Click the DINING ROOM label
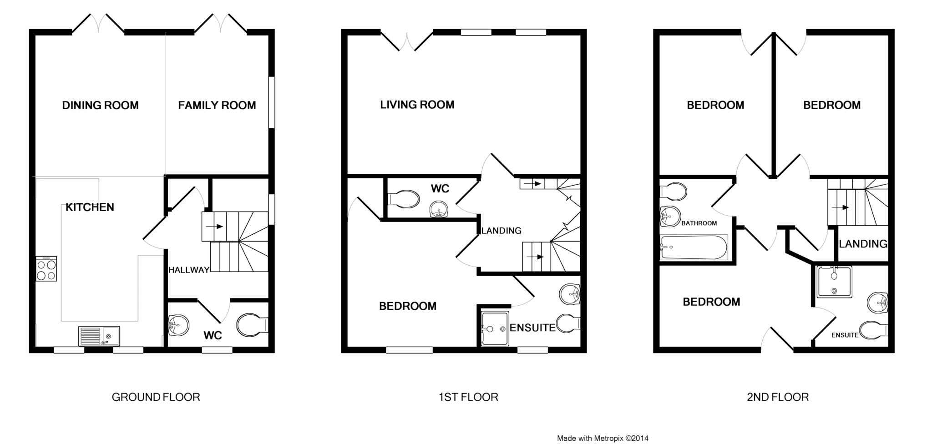tap(100, 106)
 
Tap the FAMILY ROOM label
tap(217, 106)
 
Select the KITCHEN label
tap(90, 207)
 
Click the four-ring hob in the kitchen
tap(46, 269)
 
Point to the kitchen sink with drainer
tap(99, 336)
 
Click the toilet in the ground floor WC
tap(252, 325)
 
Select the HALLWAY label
tap(189, 270)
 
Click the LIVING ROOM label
tap(417, 105)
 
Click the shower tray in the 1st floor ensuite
tap(494, 328)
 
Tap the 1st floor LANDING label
tap(501, 231)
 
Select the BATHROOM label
tap(699, 223)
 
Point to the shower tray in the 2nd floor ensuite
tap(834, 282)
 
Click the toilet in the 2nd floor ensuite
tap(874, 329)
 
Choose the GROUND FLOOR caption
tap(156, 397)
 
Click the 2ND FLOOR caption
tap(778, 397)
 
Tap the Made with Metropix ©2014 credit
tap(603, 439)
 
